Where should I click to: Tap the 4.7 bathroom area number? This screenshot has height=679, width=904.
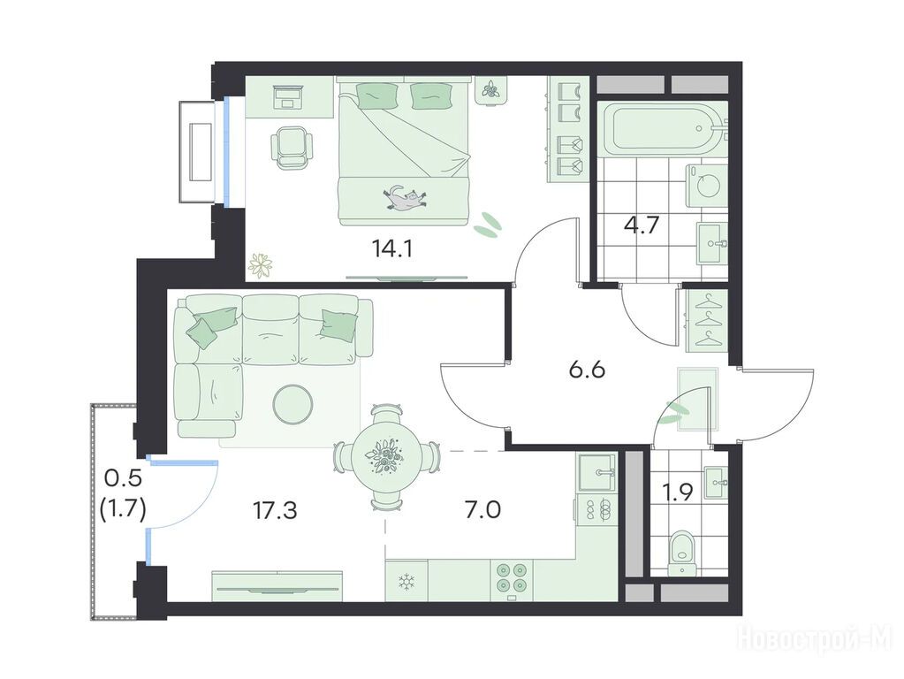641,225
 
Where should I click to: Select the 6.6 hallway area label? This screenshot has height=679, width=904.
587,370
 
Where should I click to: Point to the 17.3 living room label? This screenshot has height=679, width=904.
276,510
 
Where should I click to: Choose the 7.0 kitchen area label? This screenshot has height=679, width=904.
483,510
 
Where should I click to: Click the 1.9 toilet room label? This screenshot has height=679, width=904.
678,492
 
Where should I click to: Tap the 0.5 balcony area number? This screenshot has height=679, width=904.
123,478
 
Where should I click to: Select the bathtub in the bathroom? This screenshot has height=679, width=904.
662,128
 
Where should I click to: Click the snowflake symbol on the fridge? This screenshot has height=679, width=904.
407,582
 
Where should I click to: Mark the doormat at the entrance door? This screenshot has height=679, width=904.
698,400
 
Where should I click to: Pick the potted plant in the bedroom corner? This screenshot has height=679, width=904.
262,266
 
